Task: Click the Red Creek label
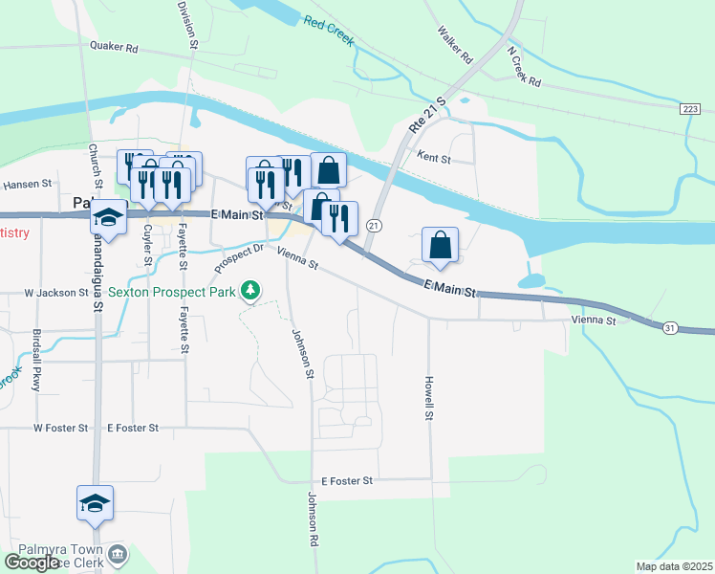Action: click(x=329, y=31)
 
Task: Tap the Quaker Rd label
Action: click(x=114, y=46)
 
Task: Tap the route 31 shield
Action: click(x=669, y=328)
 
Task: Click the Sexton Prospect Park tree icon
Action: click(x=250, y=289)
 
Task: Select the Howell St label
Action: click(x=429, y=398)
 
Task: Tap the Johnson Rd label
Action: click(x=312, y=519)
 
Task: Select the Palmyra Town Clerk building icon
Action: click(x=117, y=554)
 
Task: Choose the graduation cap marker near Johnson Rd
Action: click(x=96, y=503)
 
